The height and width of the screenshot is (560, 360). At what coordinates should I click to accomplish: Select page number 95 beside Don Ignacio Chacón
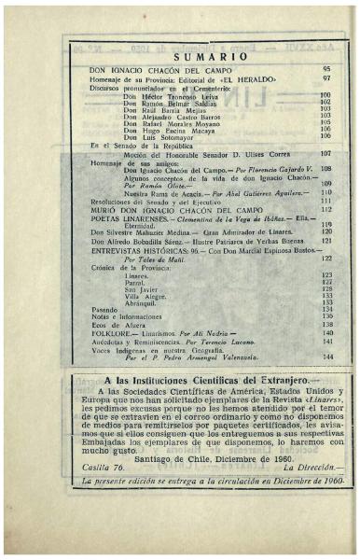coord(326,70)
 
